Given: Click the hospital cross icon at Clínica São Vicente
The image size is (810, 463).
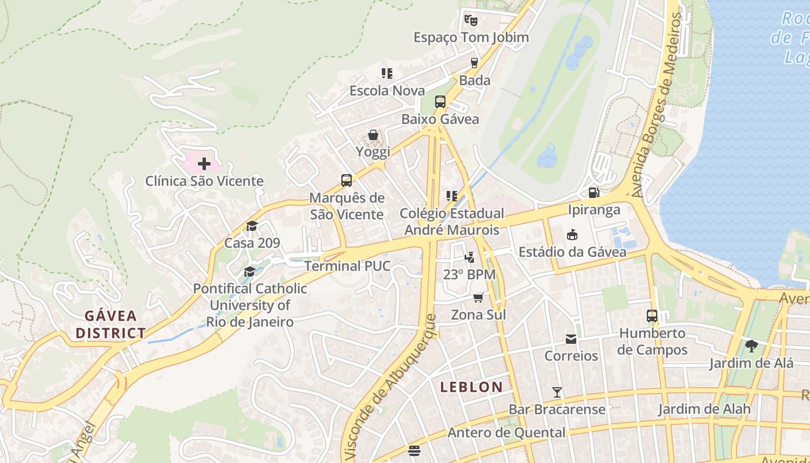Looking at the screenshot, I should (x=204, y=164).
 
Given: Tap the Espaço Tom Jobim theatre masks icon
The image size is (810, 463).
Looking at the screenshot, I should (x=471, y=20).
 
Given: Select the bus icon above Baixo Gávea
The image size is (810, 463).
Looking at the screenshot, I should (x=440, y=102).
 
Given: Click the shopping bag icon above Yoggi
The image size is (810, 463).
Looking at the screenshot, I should (x=373, y=135).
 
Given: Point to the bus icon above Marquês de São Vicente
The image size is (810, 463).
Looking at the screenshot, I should (x=347, y=181).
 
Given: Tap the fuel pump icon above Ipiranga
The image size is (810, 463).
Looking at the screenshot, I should (x=593, y=192).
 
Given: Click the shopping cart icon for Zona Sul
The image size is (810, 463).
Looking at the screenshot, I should (x=478, y=297).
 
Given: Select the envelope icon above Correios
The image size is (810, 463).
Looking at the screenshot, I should (x=571, y=339).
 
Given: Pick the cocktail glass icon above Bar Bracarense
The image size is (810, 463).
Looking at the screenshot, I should (x=557, y=392).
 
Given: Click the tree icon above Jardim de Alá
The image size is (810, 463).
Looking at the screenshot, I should (x=751, y=346).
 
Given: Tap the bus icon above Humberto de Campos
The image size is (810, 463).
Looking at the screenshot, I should (x=652, y=316).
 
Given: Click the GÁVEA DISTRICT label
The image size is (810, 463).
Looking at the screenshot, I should (x=111, y=325).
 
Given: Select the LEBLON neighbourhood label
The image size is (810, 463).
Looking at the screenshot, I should (x=472, y=387).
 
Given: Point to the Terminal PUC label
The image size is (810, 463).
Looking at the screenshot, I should (x=347, y=266).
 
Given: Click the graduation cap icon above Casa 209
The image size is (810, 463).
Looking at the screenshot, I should (x=252, y=226).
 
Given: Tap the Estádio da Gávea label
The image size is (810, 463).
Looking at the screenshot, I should (x=572, y=252).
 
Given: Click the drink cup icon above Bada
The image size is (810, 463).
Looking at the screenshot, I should (x=474, y=63).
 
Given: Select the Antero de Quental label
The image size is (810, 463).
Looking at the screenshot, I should (x=507, y=432).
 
